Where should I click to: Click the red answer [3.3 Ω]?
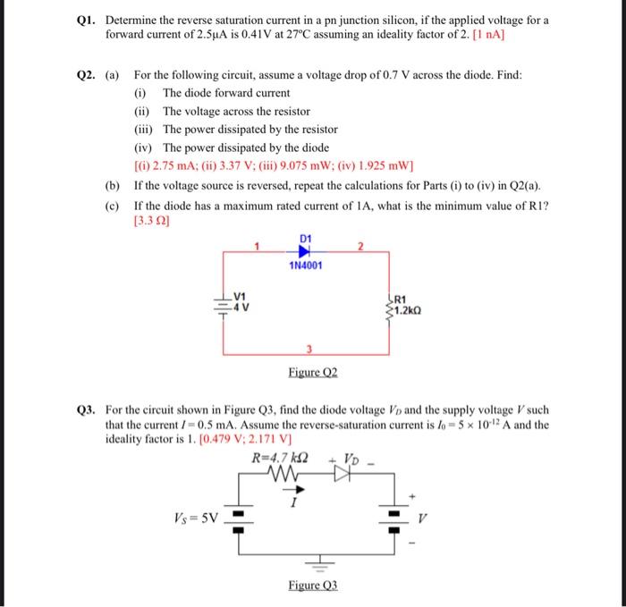pos(151,220)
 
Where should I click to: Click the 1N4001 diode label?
pos(306,266)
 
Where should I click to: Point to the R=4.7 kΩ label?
pos(281,459)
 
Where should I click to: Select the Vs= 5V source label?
pos(195,518)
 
